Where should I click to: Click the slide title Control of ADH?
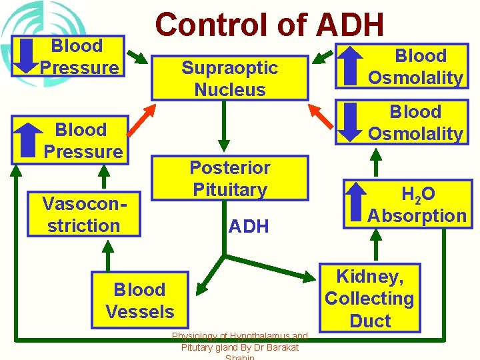269,25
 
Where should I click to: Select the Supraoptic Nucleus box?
229,78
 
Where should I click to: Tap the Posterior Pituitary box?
229,178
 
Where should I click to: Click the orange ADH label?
248,227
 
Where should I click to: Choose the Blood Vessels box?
139,300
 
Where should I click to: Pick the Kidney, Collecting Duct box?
370,298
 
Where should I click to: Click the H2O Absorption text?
417,205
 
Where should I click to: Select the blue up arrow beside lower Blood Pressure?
27,141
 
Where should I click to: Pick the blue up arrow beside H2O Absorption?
357,203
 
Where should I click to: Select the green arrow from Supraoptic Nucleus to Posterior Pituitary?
225,127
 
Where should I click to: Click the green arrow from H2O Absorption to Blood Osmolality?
376,162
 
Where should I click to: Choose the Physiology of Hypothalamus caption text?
239,342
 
